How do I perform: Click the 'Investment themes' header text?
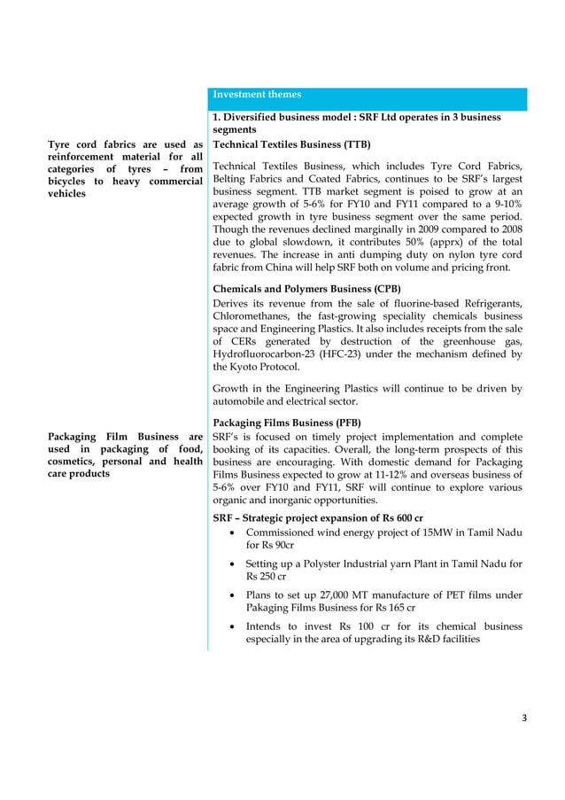pos(257,95)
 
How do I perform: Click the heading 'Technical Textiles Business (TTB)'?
pos(291,144)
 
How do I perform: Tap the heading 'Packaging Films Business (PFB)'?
pos(287,423)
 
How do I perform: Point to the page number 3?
pos(523,718)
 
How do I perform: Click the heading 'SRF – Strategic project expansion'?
pos(318,517)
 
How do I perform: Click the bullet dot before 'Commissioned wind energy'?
pos(231,532)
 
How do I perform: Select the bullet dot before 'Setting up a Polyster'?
pos(231,563)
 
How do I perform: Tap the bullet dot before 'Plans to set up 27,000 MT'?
pos(231,595)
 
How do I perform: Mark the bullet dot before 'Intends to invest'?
pos(231,626)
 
